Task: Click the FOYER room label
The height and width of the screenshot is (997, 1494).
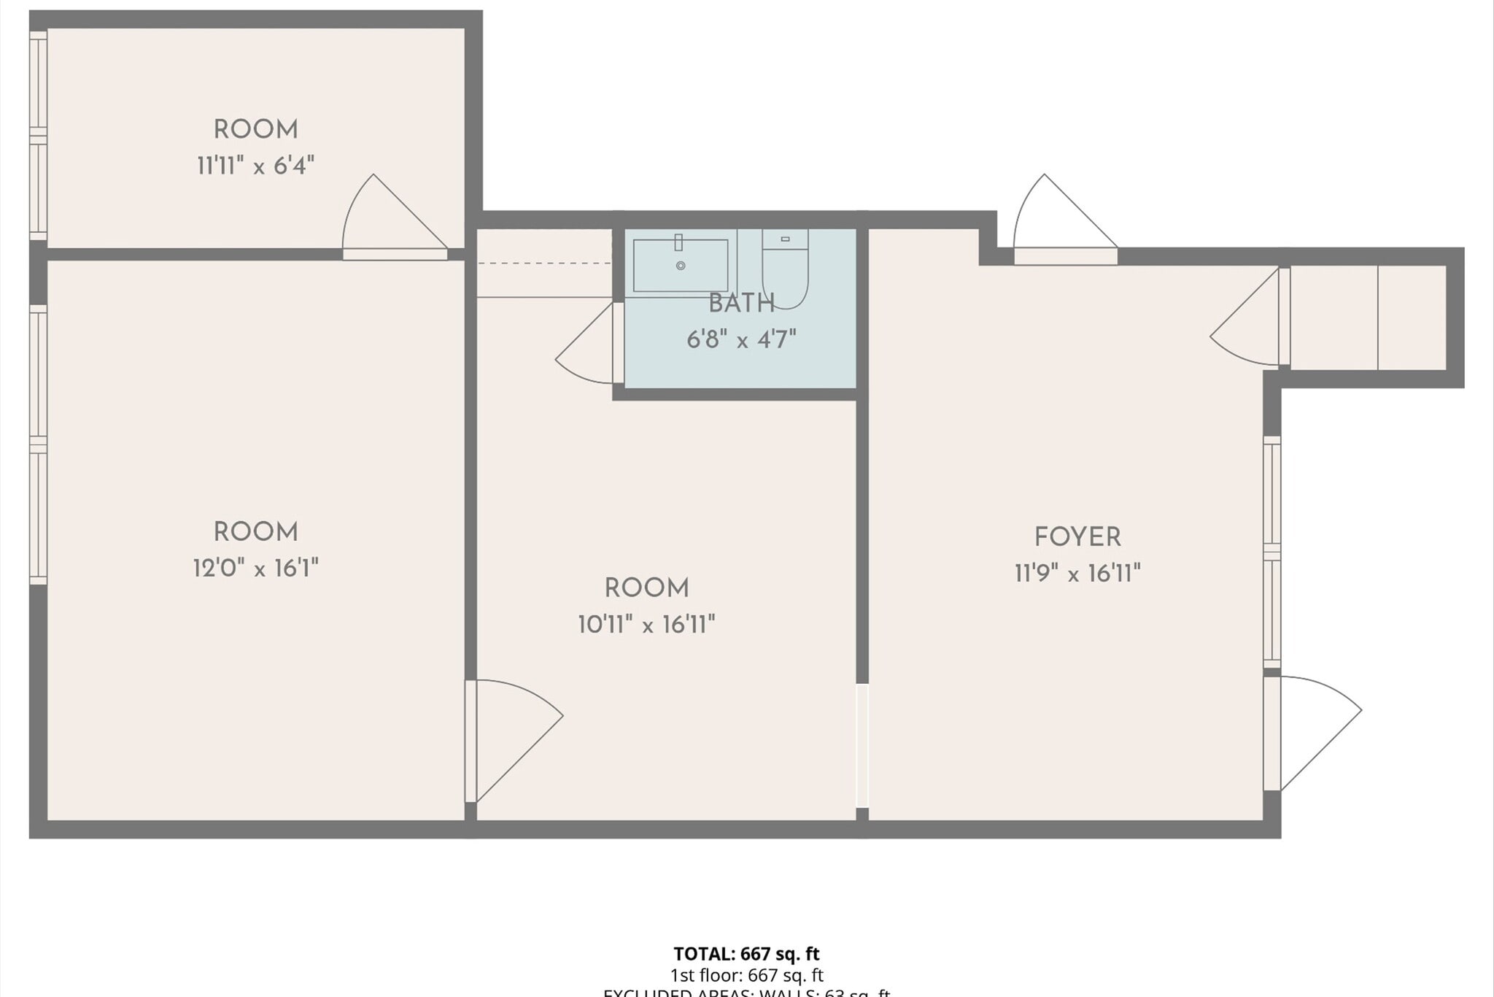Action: coord(1077,537)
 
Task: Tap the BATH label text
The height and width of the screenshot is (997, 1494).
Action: coord(741,303)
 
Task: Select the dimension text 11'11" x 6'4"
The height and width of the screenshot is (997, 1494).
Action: coord(255,166)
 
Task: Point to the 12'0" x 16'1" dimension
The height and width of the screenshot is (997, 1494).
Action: coord(255,568)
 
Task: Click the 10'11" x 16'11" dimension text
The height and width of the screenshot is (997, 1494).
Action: coord(646,625)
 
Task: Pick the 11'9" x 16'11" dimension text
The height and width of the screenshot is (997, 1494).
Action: coord(1077,574)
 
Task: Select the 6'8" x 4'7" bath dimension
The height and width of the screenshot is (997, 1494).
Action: coord(741,339)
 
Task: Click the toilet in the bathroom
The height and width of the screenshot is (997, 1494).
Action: coord(785,268)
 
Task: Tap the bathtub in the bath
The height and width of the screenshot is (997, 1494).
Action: coord(680,266)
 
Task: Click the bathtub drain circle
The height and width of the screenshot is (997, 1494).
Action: coord(681,266)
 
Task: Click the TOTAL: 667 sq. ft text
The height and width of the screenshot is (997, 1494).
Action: coord(746,954)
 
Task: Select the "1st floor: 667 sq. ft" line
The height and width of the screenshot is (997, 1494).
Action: coord(746,975)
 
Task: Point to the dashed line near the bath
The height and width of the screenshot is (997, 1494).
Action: coord(544,263)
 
